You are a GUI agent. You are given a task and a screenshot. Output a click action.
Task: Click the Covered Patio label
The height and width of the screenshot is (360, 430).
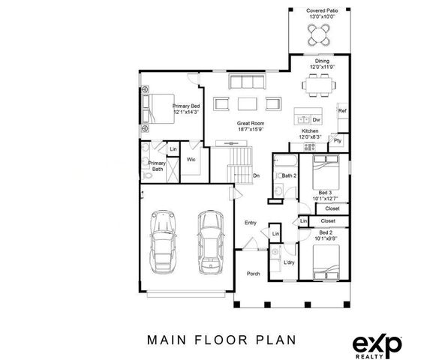pos(320,13)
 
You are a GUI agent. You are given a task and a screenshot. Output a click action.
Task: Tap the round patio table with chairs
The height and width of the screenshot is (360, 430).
pos(320,34)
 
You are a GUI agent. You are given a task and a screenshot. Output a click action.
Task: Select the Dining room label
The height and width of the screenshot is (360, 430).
pos(321,64)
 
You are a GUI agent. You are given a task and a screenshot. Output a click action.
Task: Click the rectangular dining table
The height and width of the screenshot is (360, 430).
pos(321,85)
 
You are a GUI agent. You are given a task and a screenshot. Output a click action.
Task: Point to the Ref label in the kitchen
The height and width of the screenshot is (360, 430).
pos(341,111)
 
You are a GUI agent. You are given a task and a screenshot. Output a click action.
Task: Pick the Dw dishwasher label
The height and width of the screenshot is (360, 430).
pos(317,119)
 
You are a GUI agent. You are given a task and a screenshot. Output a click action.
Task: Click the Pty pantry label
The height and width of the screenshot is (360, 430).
pos(338,140)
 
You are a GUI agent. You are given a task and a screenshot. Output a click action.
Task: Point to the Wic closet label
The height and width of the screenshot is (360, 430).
pos(191,159)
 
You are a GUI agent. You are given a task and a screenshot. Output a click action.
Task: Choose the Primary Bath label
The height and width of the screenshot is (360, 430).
pos(157,166)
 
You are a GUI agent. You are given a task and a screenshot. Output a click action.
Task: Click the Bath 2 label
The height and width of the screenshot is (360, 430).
pos(290,175)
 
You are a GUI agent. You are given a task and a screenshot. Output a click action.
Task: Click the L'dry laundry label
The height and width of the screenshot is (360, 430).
pos(289,262)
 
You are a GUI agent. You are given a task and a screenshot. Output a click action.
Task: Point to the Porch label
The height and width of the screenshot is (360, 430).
pos(254,274)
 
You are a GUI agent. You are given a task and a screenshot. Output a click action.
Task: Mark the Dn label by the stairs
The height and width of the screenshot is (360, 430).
pos(255,176)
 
